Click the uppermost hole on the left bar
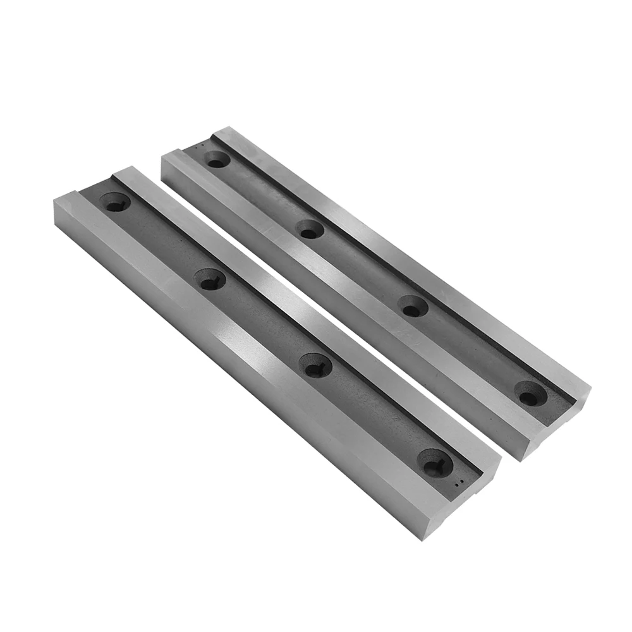116,202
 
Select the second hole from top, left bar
210,279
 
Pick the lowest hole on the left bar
435,463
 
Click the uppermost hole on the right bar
217,159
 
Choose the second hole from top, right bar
310,229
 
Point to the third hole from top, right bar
413,307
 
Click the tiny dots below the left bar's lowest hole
463,483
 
